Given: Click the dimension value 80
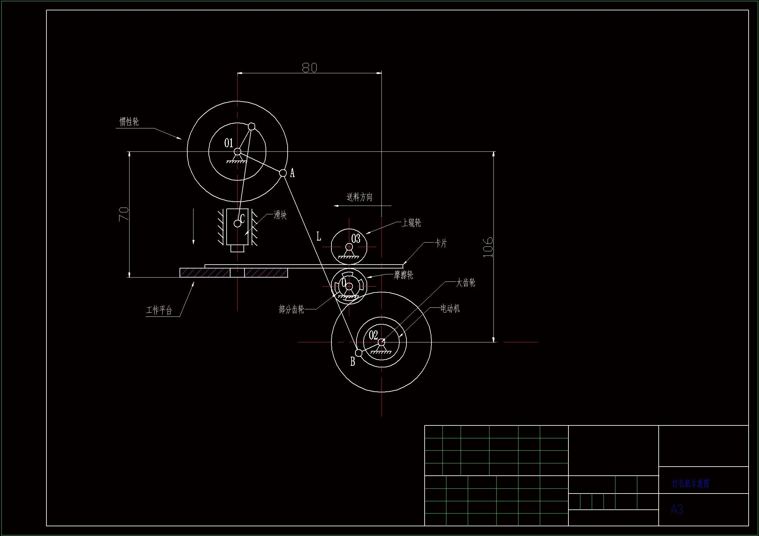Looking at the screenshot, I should pos(309,68).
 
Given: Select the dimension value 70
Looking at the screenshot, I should pos(124,214).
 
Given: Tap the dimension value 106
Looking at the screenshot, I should pos(488,247).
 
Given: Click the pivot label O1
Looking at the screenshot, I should pos(229,143).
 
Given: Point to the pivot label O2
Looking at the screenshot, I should pos(373,335).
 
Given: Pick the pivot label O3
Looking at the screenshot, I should pos(356,238).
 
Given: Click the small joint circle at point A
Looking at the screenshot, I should pos(283,173).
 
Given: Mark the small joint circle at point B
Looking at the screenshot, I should pos(359,353).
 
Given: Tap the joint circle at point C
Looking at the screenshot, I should pos(237,224).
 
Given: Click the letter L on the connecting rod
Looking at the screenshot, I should pos(319,236).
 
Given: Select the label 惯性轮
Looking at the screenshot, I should pos(129,122).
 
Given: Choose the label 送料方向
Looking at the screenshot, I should pos(359,197).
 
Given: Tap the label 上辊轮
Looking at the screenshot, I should pos(411,223).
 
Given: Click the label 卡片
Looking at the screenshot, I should pos(441,244).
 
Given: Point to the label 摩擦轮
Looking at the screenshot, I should pos(403,275).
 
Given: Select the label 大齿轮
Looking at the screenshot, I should pos(466,283).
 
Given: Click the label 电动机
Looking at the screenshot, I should pos(450,309).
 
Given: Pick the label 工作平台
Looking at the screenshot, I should pos(159,310).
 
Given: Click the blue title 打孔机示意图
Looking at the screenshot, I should pos(691,484).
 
